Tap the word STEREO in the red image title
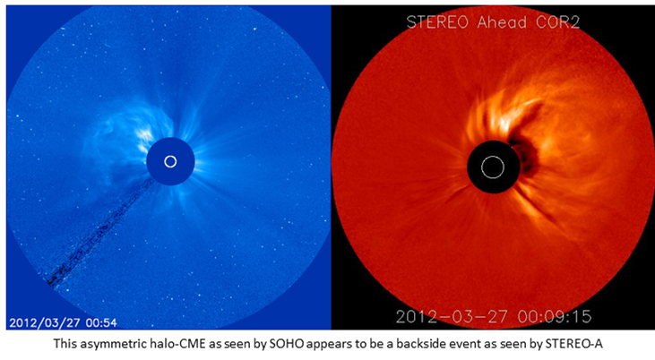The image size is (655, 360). tap(438, 22)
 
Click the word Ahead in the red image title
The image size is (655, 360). tap(502, 22)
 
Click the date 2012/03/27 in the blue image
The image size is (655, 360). tap(46, 322)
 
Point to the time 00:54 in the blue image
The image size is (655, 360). tap(101, 322)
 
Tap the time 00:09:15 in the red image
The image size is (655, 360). tap(555, 316)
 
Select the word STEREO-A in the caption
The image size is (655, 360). tap(573, 344)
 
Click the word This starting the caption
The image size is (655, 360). tap(65, 344)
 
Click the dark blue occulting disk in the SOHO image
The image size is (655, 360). tap(170, 161)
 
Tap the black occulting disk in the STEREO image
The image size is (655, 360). tap(493, 167)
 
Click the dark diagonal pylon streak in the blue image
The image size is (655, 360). tap(100, 232)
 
